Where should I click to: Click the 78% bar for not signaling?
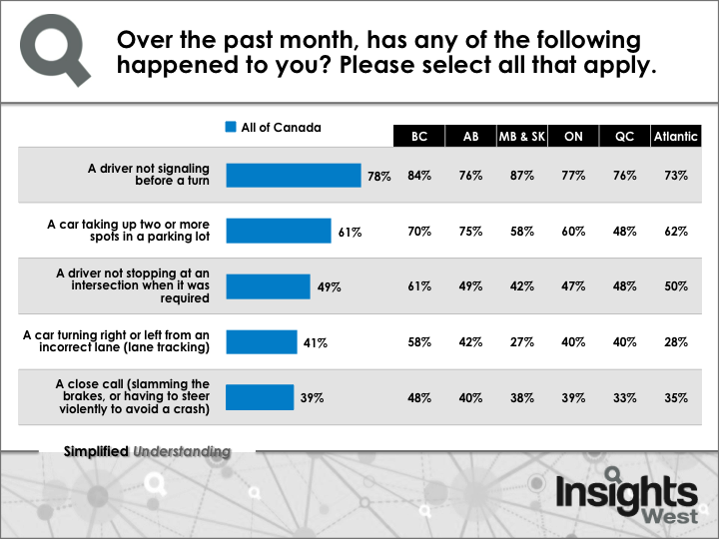point(293,176)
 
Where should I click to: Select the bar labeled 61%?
point(278,232)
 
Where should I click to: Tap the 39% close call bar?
point(260,397)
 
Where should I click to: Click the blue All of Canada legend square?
point(231,128)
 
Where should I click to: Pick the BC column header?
point(419,137)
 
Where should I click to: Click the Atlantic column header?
point(676,137)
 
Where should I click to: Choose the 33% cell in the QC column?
point(625,397)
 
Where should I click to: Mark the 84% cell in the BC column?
point(419,176)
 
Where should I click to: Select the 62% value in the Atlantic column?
point(676,232)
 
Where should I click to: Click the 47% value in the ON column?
point(573,286)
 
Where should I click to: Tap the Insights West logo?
point(626,499)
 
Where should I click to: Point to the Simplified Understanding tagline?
point(147,451)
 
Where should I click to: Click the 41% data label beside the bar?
point(316,342)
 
